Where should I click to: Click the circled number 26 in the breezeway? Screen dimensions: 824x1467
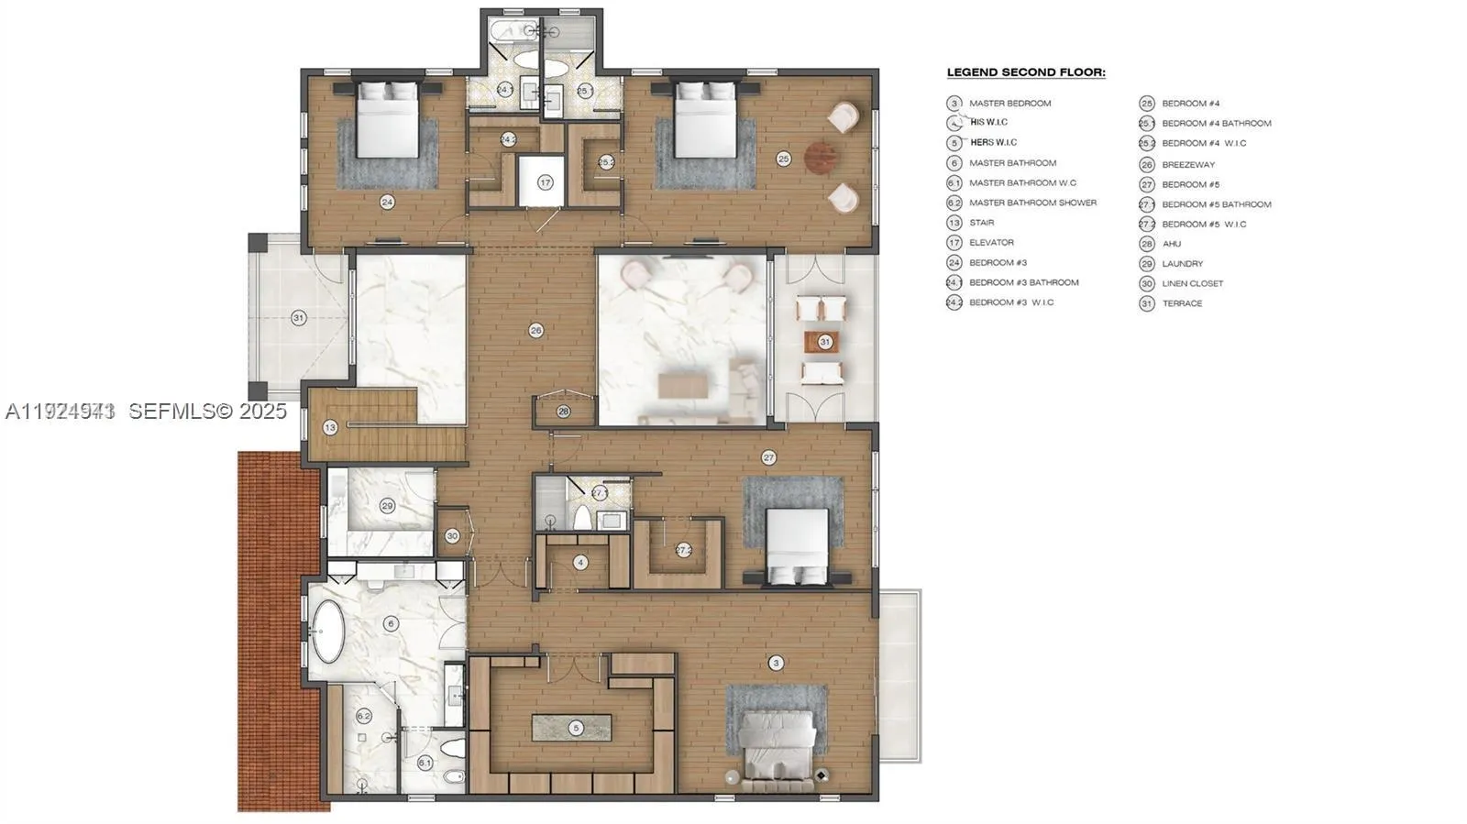536,330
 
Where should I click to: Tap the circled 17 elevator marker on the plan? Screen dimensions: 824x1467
546,182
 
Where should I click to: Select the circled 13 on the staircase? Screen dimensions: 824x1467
330,427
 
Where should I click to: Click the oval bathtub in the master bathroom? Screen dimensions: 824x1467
326,631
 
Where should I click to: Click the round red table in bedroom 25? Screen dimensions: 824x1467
822,158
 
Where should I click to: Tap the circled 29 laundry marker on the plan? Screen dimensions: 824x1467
387,506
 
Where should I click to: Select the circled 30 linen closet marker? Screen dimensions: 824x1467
452,536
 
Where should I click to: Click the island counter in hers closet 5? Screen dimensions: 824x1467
572,728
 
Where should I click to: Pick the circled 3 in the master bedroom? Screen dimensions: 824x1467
777,663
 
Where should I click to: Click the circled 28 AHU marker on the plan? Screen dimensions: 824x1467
564,412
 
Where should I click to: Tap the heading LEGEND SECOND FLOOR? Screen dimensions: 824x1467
1026,72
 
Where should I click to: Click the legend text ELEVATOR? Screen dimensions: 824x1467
991,243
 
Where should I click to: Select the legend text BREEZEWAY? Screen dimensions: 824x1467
1187,165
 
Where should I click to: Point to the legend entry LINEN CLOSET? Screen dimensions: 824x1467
1192,284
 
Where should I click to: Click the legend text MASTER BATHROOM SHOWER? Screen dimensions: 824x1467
1032,203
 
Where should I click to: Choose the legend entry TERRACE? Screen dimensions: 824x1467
1182,303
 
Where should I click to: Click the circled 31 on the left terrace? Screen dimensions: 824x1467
298,318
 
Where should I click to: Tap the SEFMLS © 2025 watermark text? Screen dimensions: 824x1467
207,412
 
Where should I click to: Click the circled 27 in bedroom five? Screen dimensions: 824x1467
768,457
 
